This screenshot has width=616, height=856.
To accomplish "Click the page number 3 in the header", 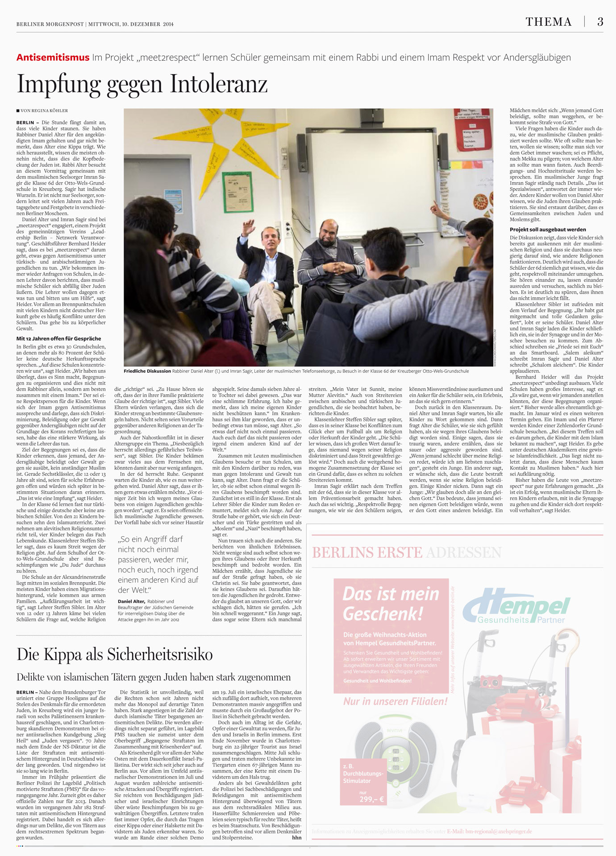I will (x=600, y=22).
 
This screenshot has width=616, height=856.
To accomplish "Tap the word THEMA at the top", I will (x=548, y=22).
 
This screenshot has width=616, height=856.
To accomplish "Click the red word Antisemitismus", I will (x=53, y=58).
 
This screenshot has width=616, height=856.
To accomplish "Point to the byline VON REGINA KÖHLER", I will (x=44, y=111).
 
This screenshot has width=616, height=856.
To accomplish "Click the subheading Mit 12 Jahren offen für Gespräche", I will (x=58, y=338).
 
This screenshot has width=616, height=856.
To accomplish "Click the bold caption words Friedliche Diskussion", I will (x=147, y=371).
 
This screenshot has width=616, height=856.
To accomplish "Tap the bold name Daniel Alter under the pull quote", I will (x=131, y=601).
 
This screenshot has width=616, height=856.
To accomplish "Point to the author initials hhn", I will (x=296, y=837).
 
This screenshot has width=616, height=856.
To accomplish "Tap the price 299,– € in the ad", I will (x=371, y=799).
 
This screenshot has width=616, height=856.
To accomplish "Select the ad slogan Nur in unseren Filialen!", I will (x=395, y=701).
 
